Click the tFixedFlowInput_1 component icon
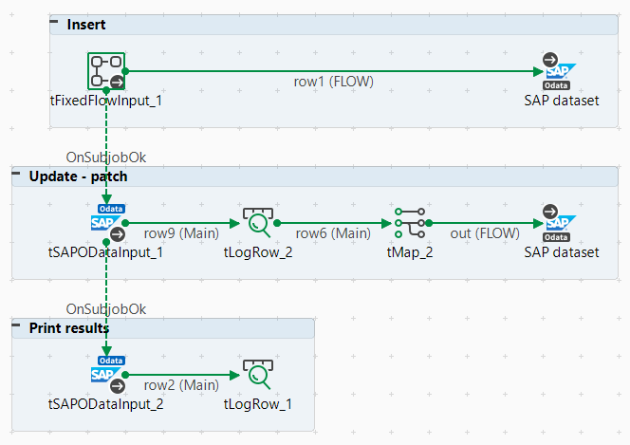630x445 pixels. click(x=106, y=70)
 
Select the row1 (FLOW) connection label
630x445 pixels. click(x=333, y=82)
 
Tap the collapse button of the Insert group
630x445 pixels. click(x=55, y=23)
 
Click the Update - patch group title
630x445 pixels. click(x=78, y=176)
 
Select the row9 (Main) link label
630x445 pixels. click(x=181, y=232)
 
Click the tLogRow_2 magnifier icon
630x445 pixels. click(x=257, y=222)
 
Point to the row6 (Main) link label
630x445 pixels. click(x=333, y=232)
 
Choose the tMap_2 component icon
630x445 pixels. click(x=410, y=222)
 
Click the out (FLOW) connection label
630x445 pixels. click(x=485, y=232)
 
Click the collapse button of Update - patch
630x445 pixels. click(x=17, y=176)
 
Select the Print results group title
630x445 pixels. click(x=68, y=327)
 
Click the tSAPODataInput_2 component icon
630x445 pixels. click(x=106, y=374)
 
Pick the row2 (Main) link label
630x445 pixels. click(x=181, y=385)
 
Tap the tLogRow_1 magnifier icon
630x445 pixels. click(x=257, y=374)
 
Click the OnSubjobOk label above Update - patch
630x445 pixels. click(x=105, y=157)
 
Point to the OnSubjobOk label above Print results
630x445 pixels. click(x=105, y=309)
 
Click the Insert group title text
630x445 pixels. click(x=86, y=24)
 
